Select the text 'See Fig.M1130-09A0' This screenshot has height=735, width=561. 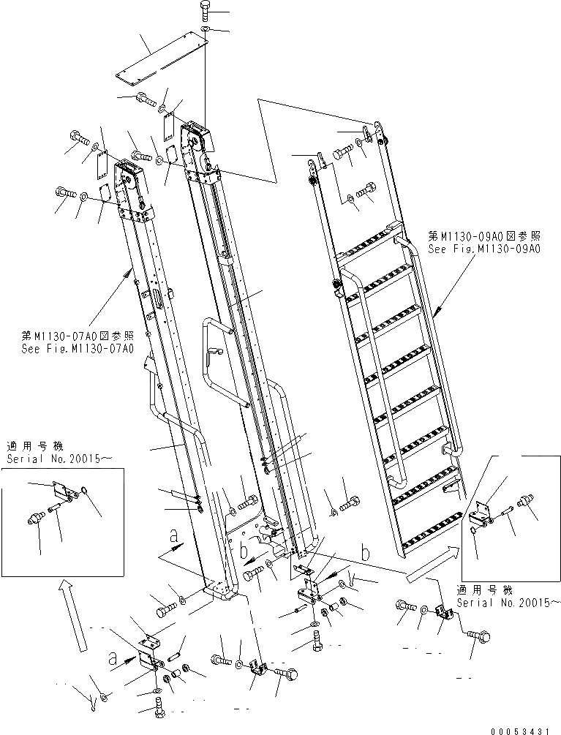[x=483, y=249]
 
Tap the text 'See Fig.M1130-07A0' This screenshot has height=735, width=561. [x=77, y=348]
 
